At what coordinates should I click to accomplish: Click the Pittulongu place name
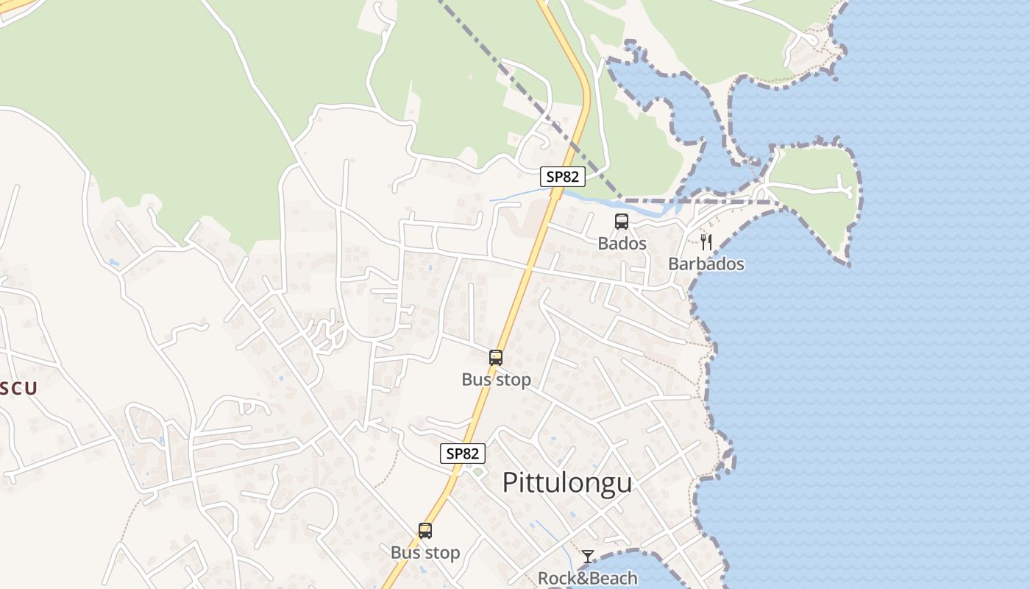566,483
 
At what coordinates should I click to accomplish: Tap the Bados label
622,243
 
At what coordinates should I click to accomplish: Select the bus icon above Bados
622,221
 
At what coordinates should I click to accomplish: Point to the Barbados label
706,264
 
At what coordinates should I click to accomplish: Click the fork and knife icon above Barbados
706,241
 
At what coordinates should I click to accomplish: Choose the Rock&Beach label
587,578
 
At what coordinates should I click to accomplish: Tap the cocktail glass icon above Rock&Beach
587,557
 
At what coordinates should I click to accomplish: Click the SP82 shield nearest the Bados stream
563,177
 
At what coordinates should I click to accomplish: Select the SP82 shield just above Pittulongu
463,454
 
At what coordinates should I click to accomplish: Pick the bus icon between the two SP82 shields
496,358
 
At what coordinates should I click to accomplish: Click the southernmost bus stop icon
425,530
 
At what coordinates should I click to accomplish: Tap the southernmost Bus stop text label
425,552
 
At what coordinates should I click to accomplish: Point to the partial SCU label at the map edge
18,389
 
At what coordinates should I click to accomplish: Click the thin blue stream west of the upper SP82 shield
515,195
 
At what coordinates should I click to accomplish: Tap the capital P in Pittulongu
511,483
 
